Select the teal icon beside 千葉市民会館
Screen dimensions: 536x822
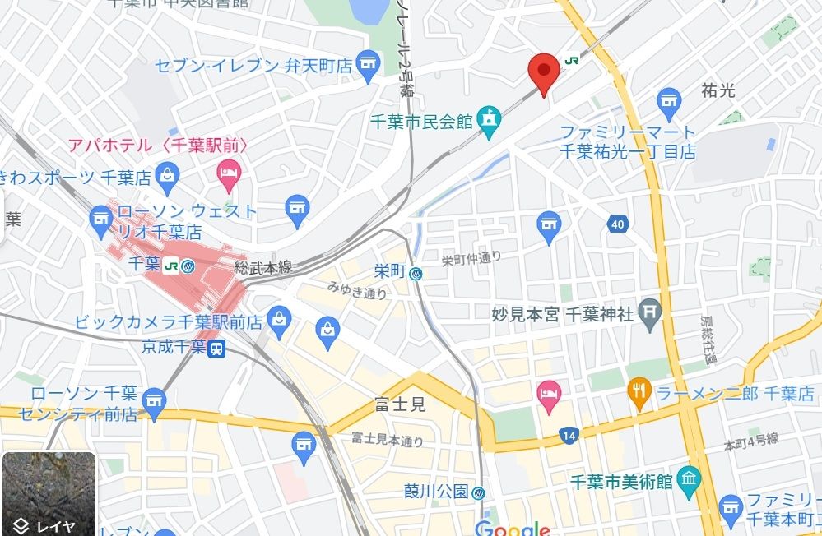click(x=490, y=121)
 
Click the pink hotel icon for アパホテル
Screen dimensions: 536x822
click(x=227, y=172)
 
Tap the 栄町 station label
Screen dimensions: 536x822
click(x=390, y=271)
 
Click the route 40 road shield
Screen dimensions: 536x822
click(x=618, y=224)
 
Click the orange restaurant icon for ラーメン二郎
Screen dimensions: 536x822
click(x=639, y=393)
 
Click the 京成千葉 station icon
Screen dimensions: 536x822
click(x=217, y=348)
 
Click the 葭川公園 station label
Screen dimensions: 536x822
click(x=435, y=492)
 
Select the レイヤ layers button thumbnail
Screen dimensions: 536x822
click(x=49, y=494)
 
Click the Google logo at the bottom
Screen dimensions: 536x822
click(x=512, y=528)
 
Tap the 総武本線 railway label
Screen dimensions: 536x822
click(x=263, y=267)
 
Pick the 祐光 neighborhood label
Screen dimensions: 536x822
click(x=718, y=90)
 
